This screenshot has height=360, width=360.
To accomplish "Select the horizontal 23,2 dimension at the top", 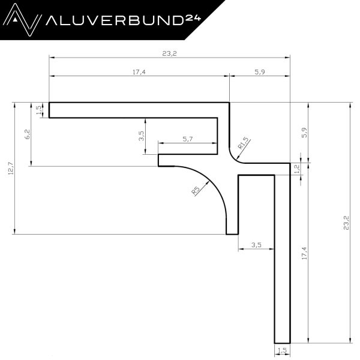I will (x=170, y=53).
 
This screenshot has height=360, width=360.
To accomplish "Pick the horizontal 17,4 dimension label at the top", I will (x=139, y=72).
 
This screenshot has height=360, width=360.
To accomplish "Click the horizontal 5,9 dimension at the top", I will (x=260, y=72).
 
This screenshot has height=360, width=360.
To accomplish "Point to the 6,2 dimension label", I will (x=27, y=134).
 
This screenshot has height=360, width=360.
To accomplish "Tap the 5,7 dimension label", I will (x=188, y=139).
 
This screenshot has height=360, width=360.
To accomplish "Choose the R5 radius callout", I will (x=196, y=191).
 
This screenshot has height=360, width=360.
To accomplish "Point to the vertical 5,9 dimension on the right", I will (x=304, y=133).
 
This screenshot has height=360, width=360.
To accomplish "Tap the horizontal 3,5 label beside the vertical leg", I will (x=256, y=244).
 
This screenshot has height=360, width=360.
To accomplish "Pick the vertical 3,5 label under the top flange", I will (x=141, y=137).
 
